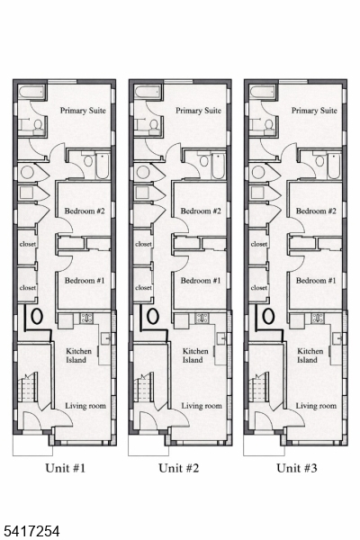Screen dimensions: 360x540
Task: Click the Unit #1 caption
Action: (x=65, y=468)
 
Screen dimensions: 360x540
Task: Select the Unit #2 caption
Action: (x=179, y=468)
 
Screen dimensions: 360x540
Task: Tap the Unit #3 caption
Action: (x=297, y=468)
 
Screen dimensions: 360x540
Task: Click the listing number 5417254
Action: (x=30, y=531)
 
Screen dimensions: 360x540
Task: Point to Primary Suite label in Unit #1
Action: (x=83, y=111)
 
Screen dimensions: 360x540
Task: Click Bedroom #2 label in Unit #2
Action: (x=201, y=211)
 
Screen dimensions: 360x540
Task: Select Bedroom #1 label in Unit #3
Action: (x=316, y=280)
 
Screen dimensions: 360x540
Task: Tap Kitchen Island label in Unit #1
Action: (x=79, y=355)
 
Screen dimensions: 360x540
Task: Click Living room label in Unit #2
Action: (x=202, y=406)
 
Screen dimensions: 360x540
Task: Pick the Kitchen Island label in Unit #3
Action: (x=310, y=355)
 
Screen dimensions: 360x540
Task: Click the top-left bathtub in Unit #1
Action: (x=31, y=93)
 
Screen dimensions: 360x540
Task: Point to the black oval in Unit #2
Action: (x=153, y=316)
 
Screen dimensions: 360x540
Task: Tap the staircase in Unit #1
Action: (x=28, y=387)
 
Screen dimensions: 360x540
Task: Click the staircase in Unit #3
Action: (x=259, y=387)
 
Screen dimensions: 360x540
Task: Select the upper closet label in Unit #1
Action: (x=28, y=244)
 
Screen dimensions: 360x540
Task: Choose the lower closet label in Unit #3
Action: (x=259, y=288)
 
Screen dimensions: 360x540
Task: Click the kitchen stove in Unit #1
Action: (x=86, y=318)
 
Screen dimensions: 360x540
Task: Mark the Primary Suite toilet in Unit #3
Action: (x=268, y=126)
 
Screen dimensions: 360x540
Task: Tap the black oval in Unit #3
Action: (x=268, y=316)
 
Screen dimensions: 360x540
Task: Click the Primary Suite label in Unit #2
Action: (x=198, y=111)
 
